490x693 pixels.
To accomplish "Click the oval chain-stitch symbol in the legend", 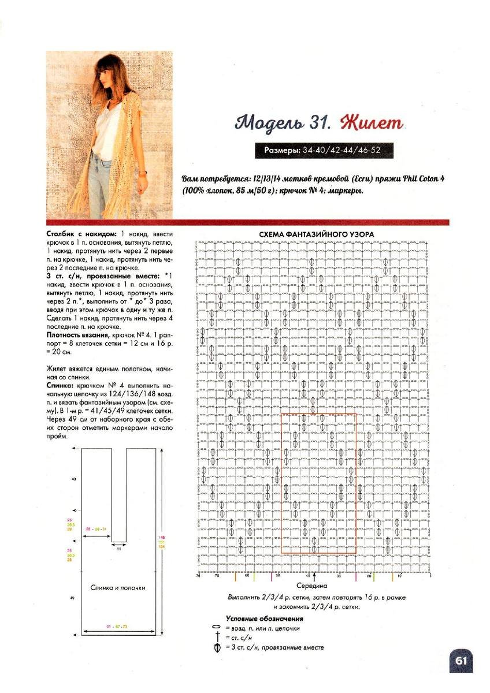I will [x=217, y=628].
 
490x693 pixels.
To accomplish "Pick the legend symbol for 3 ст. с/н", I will [x=217, y=647].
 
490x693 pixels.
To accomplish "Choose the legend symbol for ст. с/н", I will [x=217, y=637].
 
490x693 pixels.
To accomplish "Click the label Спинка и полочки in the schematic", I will [x=118, y=587].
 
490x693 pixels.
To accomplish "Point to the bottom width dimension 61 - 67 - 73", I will [x=117, y=626].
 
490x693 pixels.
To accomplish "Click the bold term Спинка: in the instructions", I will [x=59, y=384].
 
